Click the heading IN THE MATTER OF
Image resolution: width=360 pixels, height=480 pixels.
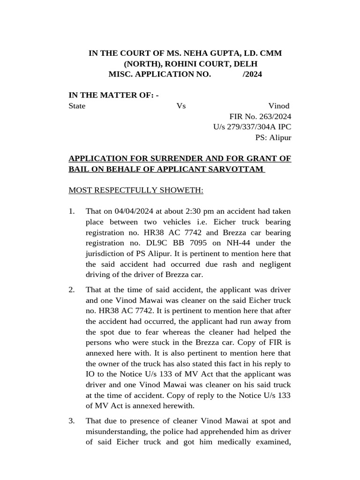(113, 95)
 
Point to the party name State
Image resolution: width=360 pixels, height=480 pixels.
(77, 106)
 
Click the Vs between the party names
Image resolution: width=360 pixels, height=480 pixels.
(181, 106)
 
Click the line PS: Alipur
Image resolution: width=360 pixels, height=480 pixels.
(273, 137)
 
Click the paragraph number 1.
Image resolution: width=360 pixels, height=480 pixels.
(71, 211)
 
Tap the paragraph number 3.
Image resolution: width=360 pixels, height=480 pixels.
(71, 421)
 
